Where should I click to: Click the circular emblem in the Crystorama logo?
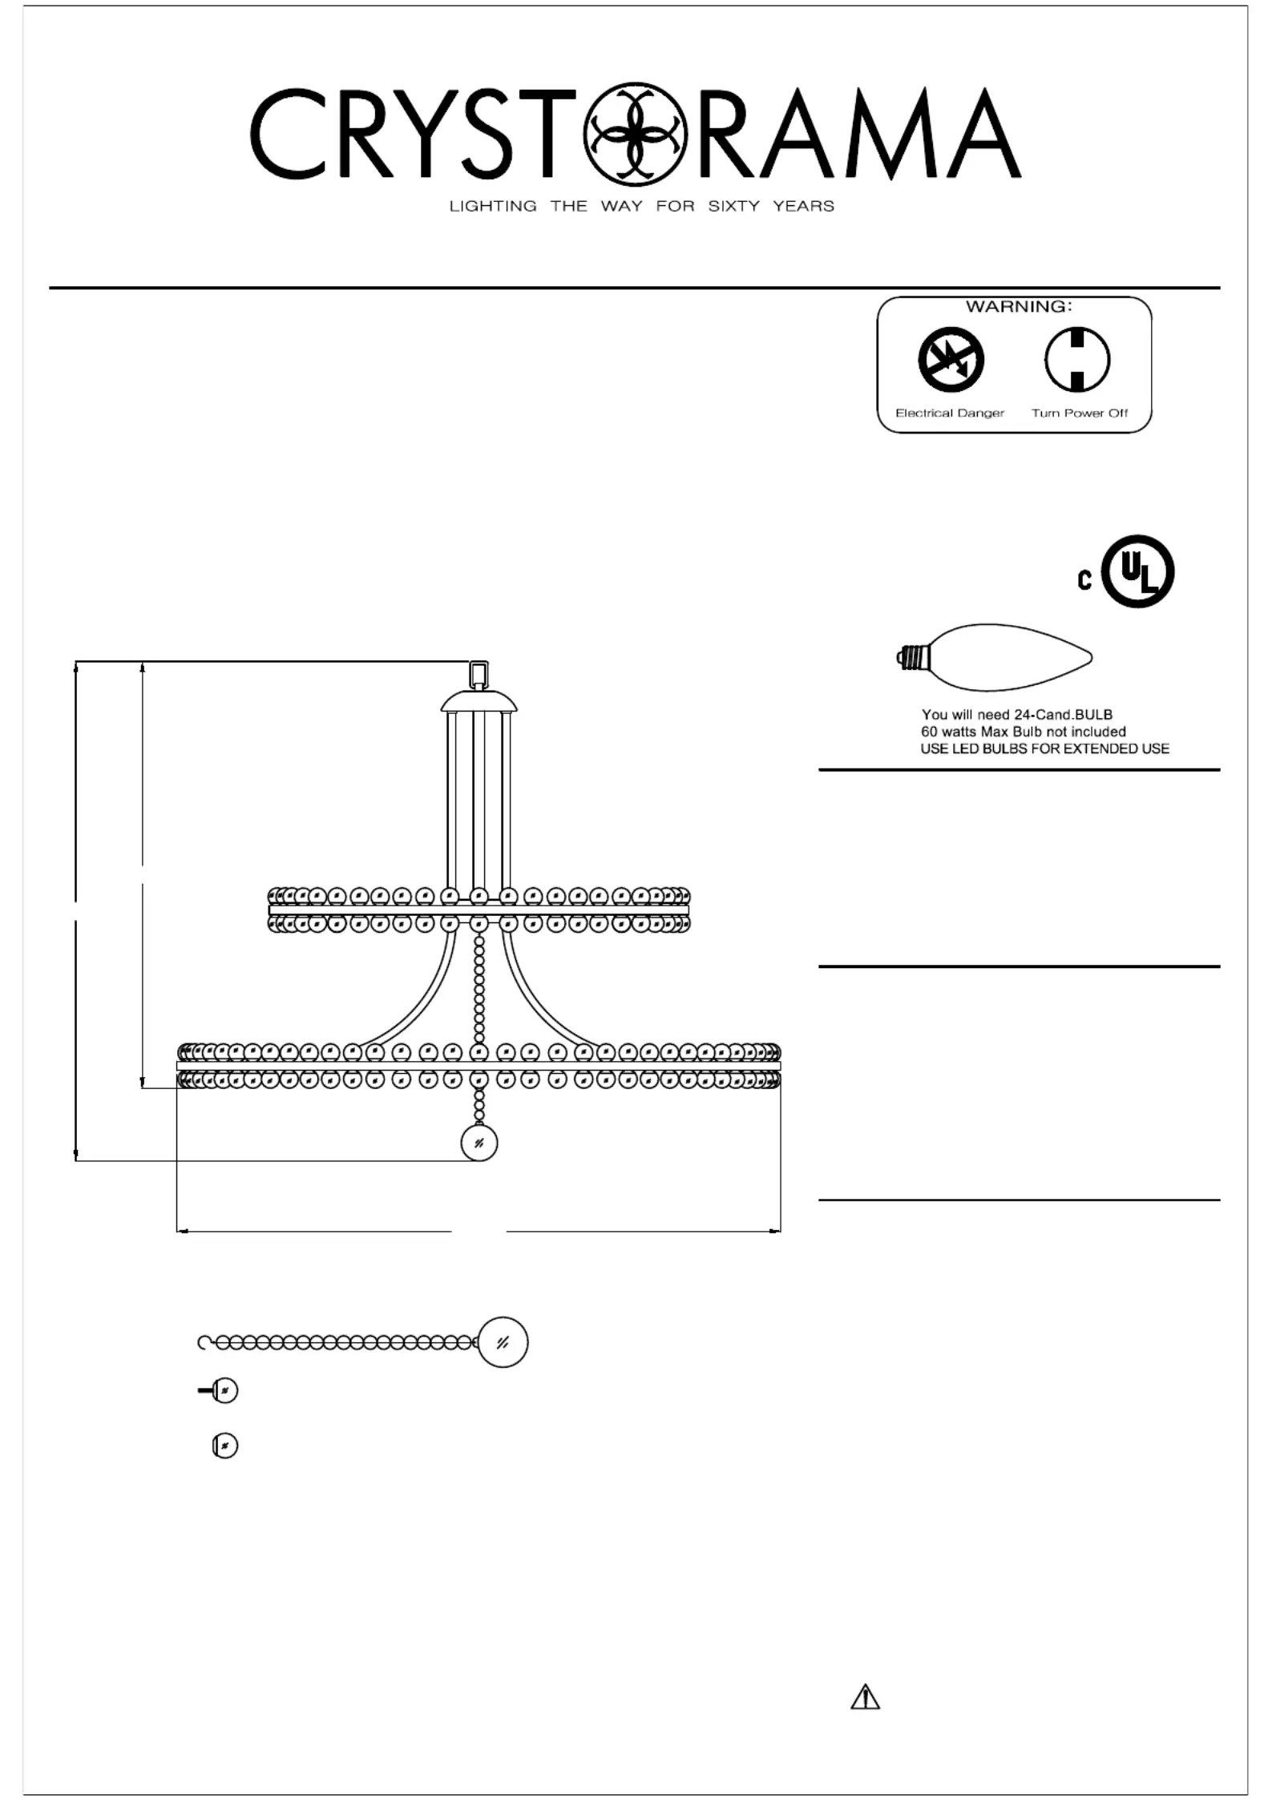(636, 132)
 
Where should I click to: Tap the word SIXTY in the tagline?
(733, 206)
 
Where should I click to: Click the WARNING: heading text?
(1019, 306)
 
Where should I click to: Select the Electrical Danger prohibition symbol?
(951, 360)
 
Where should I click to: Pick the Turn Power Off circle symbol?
(1077, 360)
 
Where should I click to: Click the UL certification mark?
(1138, 571)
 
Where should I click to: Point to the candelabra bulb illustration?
(995, 658)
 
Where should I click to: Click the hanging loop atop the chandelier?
(479, 675)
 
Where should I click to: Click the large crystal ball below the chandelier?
(479, 1143)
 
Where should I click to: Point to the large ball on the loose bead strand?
(503, 1342)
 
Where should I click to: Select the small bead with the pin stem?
(218, 1390)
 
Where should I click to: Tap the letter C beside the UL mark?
(1084, 579)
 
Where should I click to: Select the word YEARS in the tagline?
(803, 206)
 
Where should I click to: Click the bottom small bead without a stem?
(225, 1446)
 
